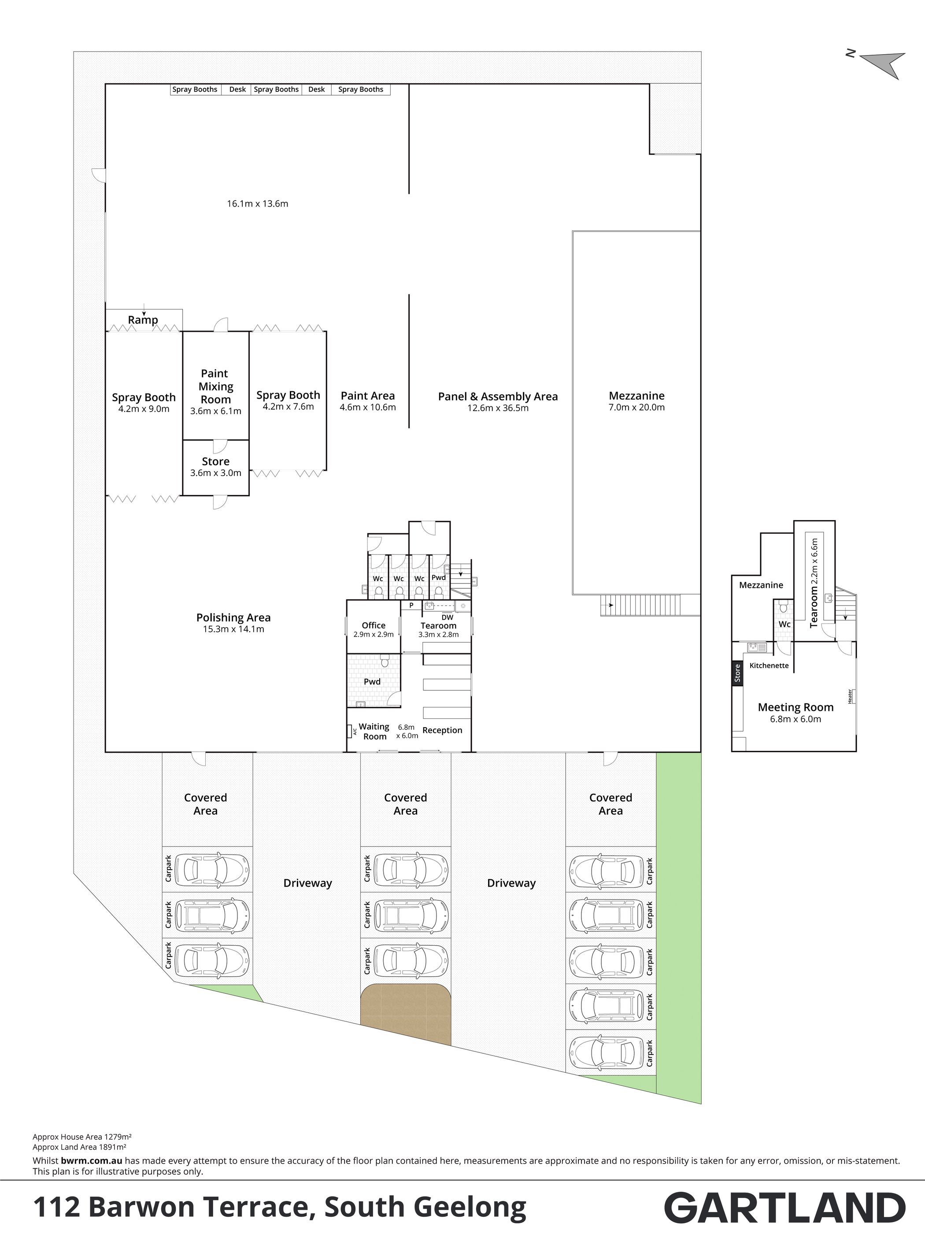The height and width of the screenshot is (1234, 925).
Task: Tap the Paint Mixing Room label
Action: (215, 386)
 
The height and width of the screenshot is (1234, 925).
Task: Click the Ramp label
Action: (143, 320)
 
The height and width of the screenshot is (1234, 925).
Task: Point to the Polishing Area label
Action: (233, 617)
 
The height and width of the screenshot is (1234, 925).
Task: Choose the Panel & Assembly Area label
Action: (498, 396)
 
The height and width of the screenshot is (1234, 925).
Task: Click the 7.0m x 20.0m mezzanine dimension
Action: (637, 407)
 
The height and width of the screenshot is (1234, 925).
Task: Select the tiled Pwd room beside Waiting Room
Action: (374, 680)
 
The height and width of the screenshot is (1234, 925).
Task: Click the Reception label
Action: (442, 730)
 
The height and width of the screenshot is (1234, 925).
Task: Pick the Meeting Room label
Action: (795, 707)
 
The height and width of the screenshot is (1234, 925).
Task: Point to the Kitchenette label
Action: (769, 665)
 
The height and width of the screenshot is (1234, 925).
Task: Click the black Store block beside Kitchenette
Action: (737, 673)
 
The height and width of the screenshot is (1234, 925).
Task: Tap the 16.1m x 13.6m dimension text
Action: (258, 204)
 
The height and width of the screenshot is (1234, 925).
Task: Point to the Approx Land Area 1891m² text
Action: (79, 1147)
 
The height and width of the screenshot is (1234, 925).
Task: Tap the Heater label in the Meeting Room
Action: (850, 696)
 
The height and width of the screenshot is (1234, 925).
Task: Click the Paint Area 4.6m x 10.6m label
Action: (368, 401)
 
